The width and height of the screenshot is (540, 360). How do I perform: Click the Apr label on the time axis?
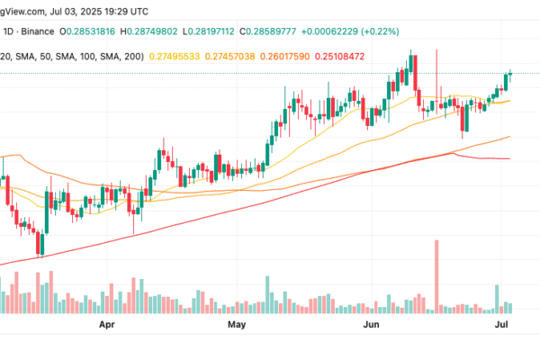109,321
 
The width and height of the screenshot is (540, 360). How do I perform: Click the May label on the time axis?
238,321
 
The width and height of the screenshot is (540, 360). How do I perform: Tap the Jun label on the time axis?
371,321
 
